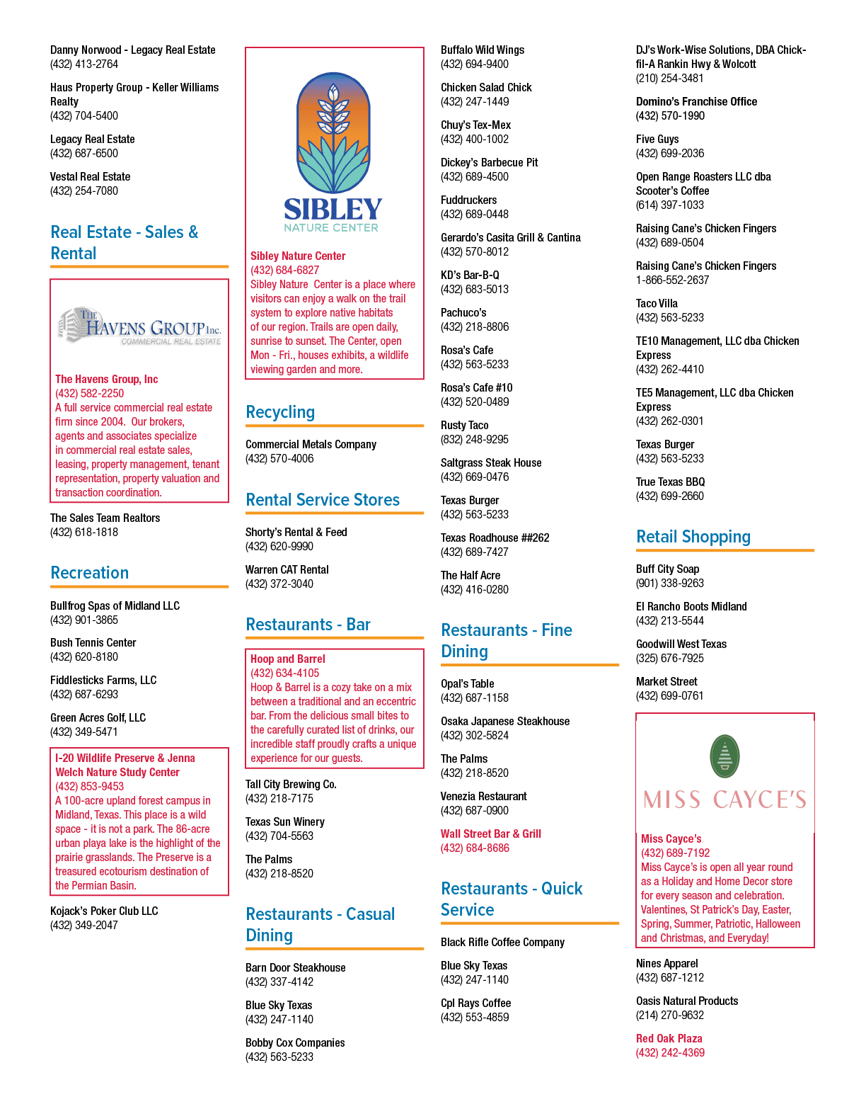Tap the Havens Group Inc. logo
tap(139, 326)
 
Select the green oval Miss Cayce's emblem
tap(724, 756)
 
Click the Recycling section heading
tap(280, 412)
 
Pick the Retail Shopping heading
tap(693, 536)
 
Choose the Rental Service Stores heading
tap(323, 500)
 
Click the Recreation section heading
tap(90, 573)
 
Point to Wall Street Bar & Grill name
tap(491, 834)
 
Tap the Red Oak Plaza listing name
tap(669, 1039)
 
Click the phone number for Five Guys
tap(670, 153)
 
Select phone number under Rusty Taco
tap(475, 439)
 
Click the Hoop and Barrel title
tap(287, 659)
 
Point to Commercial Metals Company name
tap(311, 445)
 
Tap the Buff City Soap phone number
tap(670, 583)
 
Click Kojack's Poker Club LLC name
tap(104, 911)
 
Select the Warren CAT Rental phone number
tap(279, 584)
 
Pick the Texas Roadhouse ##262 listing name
tap(495, 538)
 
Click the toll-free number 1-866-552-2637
tap(672, 280)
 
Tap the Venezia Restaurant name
tap(484, 796)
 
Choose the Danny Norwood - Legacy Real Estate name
tap(132, 50)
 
